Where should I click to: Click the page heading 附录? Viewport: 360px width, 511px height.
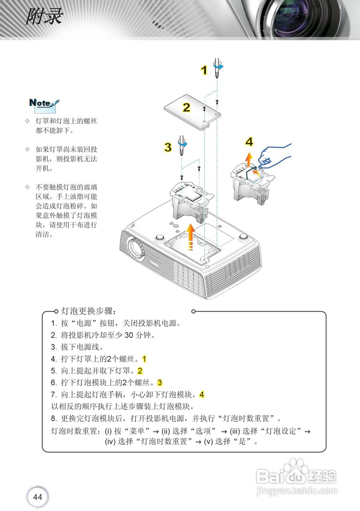44,17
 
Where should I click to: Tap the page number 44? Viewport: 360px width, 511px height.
38,497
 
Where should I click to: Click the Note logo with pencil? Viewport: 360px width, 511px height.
44,103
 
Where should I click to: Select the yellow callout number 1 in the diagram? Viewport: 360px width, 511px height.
204,71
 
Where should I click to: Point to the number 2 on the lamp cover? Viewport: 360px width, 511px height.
186,107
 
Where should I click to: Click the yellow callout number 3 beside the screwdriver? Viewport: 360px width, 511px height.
168,147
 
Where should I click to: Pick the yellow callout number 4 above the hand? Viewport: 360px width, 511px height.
249,142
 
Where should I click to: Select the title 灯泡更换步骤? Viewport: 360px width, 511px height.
88,311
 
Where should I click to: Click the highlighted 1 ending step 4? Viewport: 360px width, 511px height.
144,359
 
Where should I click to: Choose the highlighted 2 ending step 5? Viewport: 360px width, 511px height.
140,370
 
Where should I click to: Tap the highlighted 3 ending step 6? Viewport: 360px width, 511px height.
160,382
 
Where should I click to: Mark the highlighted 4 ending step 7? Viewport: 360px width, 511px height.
202,394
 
